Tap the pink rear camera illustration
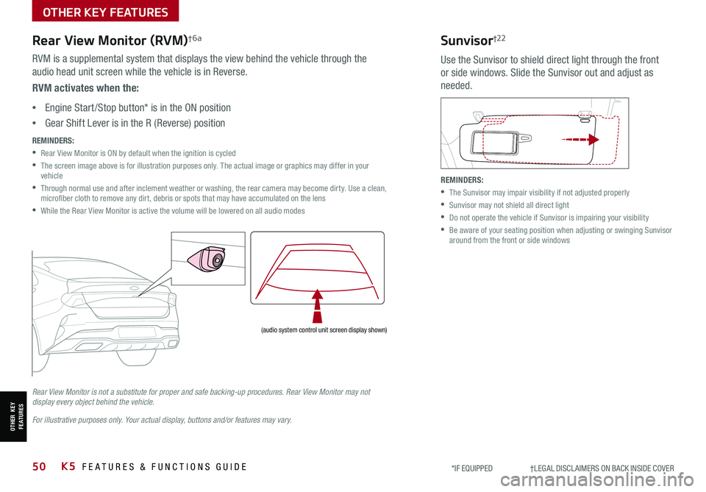click(207, 259)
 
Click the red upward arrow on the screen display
click(318, 306)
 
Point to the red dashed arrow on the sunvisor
click(580, 138)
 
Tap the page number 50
click(40, 467)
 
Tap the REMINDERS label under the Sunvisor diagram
click(462, 179)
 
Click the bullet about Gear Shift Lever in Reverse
click(135, 123)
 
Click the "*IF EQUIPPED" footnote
click(472, 468)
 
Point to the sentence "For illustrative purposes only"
click(163, 420)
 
